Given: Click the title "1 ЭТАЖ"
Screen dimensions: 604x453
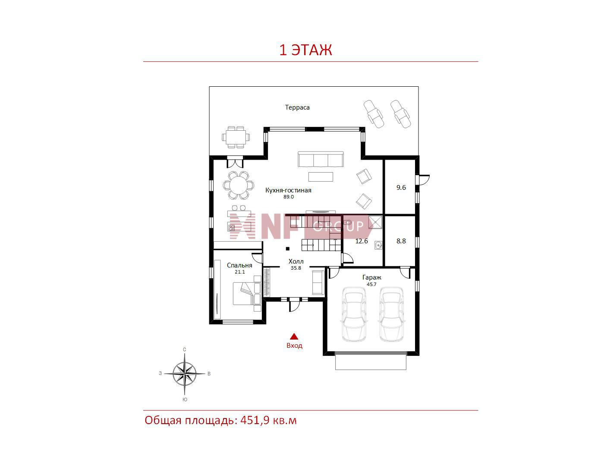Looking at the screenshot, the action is [305, 50].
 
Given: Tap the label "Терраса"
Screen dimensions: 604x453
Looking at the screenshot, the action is [297, 107].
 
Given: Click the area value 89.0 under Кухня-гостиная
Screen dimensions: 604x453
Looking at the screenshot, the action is [289, 197].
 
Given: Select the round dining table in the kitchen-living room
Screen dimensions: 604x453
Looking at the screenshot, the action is [239, 186].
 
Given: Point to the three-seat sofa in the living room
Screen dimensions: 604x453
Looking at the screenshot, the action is [321, 159].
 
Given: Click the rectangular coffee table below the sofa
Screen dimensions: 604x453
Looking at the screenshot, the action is [321, 177].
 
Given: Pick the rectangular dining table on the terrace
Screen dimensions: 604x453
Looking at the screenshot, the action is [236, 137].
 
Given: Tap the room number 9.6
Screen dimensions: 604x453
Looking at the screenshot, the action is [401, 188].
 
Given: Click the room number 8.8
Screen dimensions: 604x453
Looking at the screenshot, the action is [401, 241].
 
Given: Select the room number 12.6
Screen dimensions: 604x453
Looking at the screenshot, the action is [361, 241].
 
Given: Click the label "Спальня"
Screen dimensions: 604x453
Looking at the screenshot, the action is [239, 265].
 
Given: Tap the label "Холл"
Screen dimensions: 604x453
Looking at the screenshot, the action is [296, 261].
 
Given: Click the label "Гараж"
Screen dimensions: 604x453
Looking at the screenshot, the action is [372, 277].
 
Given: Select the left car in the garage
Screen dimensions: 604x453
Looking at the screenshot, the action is [354, 314].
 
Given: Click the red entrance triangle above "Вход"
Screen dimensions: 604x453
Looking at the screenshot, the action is [294, 337].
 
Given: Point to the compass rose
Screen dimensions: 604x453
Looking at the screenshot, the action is [185, 373].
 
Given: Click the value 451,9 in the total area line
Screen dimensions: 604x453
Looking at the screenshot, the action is [255, 420].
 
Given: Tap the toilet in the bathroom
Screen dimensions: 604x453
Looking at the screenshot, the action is [348, 222].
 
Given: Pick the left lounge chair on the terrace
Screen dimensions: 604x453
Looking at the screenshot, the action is [374, 114].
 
